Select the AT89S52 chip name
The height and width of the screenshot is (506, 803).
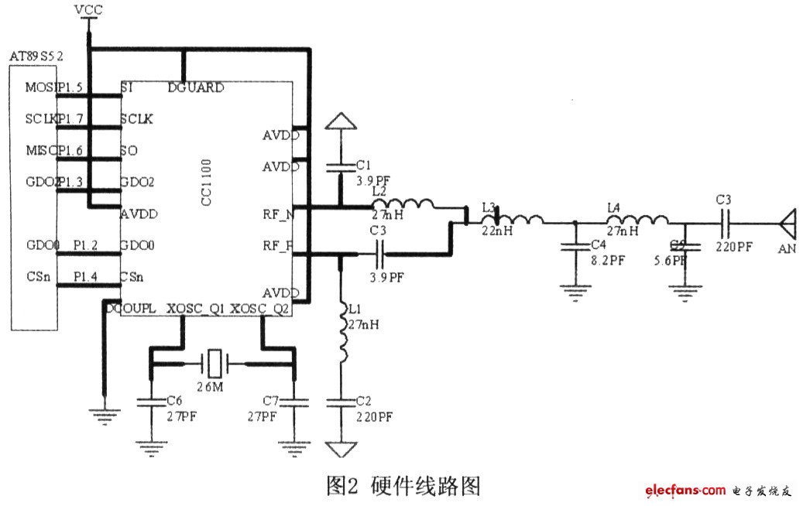pyautogui.click(x=35, y=57)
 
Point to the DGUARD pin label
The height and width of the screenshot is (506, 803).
pyautogui.click(x=196, y=87)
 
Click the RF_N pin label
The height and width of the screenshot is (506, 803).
pyautogui.click(x=277, y=214)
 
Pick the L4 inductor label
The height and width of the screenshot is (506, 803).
pyautogui.click(x=614, y=207)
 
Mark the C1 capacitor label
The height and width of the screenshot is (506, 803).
pyautogui.click(x=364, y=165)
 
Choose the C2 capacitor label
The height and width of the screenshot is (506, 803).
pyautogui.click(x=364, y=402)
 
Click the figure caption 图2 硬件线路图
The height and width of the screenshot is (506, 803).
pyautogui.click(x=403, y=486)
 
